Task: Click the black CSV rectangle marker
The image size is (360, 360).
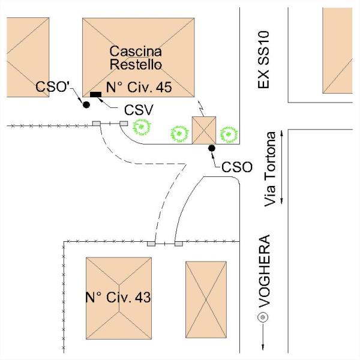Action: click(x=95, y=94)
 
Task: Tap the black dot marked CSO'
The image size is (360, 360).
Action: click(x=86, y=105)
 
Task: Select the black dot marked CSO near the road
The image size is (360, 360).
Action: click(x=212, y=148)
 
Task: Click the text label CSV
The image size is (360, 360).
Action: click(x=139, y=110)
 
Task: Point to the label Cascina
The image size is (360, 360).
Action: click(x=136, y=51)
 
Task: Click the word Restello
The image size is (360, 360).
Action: click(x=136, y=64)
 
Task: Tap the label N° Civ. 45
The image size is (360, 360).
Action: click(x=139, y=87)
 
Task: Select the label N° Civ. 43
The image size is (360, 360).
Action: click(x=118, y=298)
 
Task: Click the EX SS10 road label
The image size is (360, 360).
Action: click(x=263, y=59)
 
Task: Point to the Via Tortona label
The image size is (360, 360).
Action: click(x=269, y=169)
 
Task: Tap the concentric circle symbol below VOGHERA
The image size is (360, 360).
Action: click(x=263, y=317)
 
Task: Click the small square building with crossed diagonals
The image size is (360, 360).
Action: click(x=204, y=130)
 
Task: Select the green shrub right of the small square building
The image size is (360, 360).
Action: click(x=229, y=134)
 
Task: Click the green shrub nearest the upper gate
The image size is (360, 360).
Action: click(x=142, y=127)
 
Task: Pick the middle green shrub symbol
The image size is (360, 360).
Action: click(x=179, y=134)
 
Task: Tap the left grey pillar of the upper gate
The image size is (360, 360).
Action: click(x=97, y=124)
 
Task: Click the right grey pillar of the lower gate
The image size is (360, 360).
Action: click(x=179, y=244)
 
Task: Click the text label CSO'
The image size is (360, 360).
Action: click(x=52, y=87)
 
